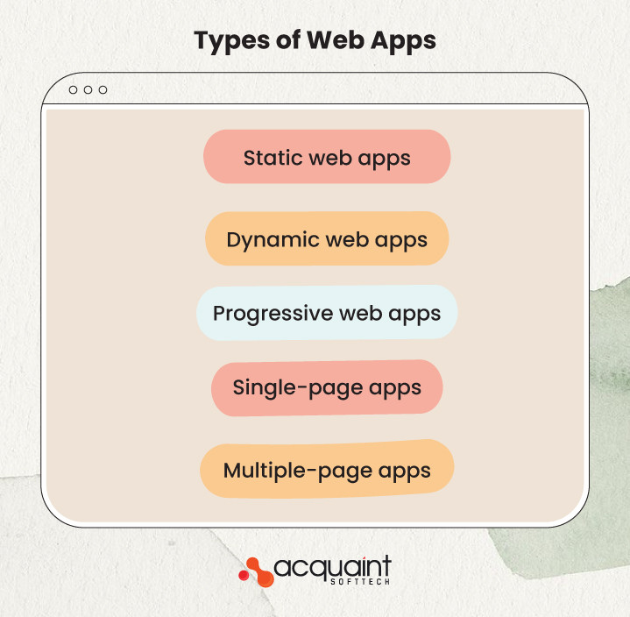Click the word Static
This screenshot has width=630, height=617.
click(273, 158)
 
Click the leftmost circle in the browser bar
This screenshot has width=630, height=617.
click(73, 90)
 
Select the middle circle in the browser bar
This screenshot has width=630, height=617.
click(88, 90)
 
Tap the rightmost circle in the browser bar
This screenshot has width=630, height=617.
click(103, 90)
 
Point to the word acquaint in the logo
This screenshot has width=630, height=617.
click(333, 567)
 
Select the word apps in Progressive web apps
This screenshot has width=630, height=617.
click(415, 314)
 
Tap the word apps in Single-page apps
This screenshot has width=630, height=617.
click(397, 387)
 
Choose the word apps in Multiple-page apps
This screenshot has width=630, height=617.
click(405, 471)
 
